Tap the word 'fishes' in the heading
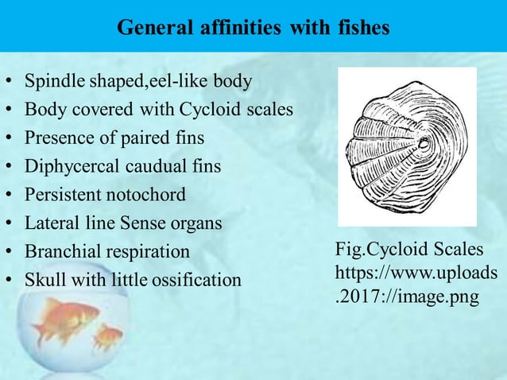(x=362, y=28)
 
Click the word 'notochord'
(x=148, y=195)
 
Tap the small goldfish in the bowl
(x=108, y=335)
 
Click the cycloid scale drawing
(x=406, y=146)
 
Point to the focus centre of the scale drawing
(x=423, y=145)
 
